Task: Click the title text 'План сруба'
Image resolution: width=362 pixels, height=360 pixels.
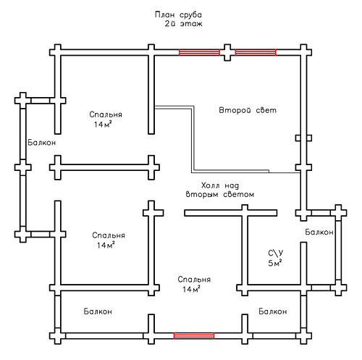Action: click(x=178, y=14)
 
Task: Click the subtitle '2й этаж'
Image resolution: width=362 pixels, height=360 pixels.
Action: click(x=184, y=24)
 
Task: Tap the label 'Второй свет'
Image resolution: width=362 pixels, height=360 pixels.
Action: click(x=248, y=110)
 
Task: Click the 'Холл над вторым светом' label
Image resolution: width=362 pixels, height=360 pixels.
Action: click(x=220, y=190)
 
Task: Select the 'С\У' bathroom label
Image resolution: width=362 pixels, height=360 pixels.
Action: click(x=276, y=253)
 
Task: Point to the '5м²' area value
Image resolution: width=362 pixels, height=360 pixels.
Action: click(x=275, y=263)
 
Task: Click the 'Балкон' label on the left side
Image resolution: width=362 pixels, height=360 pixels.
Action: click(x=41, y=143)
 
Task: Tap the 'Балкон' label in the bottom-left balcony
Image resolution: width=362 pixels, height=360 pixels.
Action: click(x=98, y=311)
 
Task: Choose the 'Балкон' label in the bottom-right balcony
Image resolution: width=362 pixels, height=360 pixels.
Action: click(x=273, y=311)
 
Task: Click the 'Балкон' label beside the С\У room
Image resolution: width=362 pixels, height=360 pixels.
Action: click(x=319, y=232)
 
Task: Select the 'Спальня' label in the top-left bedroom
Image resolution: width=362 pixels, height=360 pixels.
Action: click(x=106, y=114)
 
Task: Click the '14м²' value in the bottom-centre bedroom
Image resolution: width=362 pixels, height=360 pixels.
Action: click(x=192, y=289)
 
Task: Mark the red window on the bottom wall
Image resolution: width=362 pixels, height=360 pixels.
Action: click(x=194, y=335)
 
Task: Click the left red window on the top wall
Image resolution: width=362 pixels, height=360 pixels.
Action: click(x=199, y=52)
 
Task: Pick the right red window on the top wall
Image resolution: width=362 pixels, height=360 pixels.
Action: click(x=256, y=52)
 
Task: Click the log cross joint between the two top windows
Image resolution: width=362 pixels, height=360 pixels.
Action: click(x=227, y=52)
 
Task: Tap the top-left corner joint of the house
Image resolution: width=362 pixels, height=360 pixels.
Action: click(x=58, y=52)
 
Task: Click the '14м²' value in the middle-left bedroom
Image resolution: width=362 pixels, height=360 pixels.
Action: click(x=106, y=245)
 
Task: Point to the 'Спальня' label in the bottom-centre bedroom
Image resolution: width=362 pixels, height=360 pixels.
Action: click(x=194, y=280)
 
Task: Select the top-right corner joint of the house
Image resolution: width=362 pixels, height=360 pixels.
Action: click(x=303, y=52)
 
